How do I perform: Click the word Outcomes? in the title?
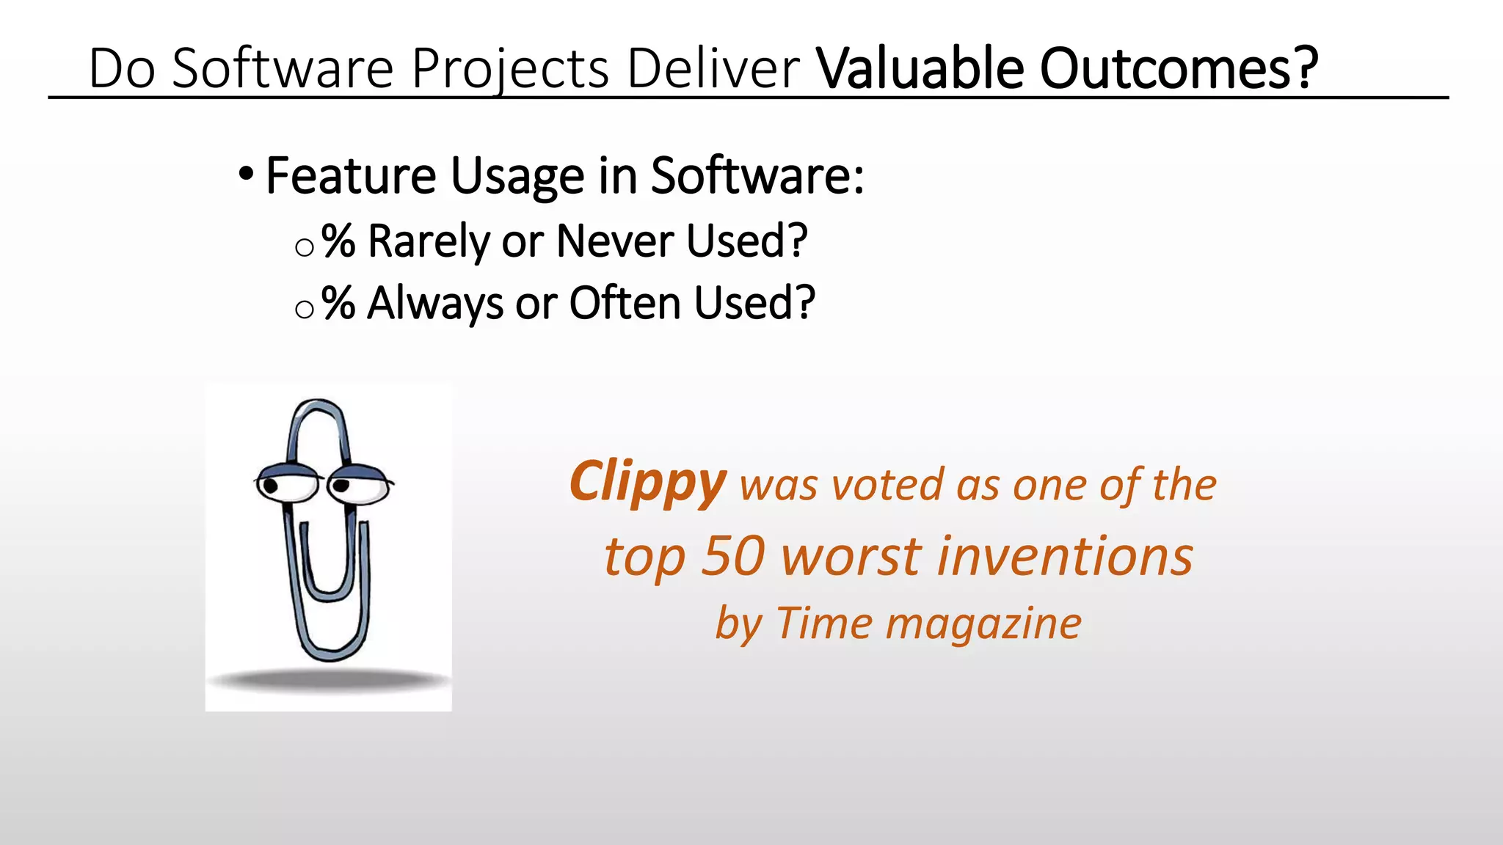1179,68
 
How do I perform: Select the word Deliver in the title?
713,68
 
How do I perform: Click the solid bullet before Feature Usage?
247,175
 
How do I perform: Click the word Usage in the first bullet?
517,176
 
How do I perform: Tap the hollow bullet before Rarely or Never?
305,247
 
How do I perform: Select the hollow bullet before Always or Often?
305,310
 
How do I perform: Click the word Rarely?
429,241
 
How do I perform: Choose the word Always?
435,304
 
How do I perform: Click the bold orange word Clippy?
647,483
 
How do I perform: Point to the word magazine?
983,624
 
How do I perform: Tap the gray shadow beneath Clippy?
329,681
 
